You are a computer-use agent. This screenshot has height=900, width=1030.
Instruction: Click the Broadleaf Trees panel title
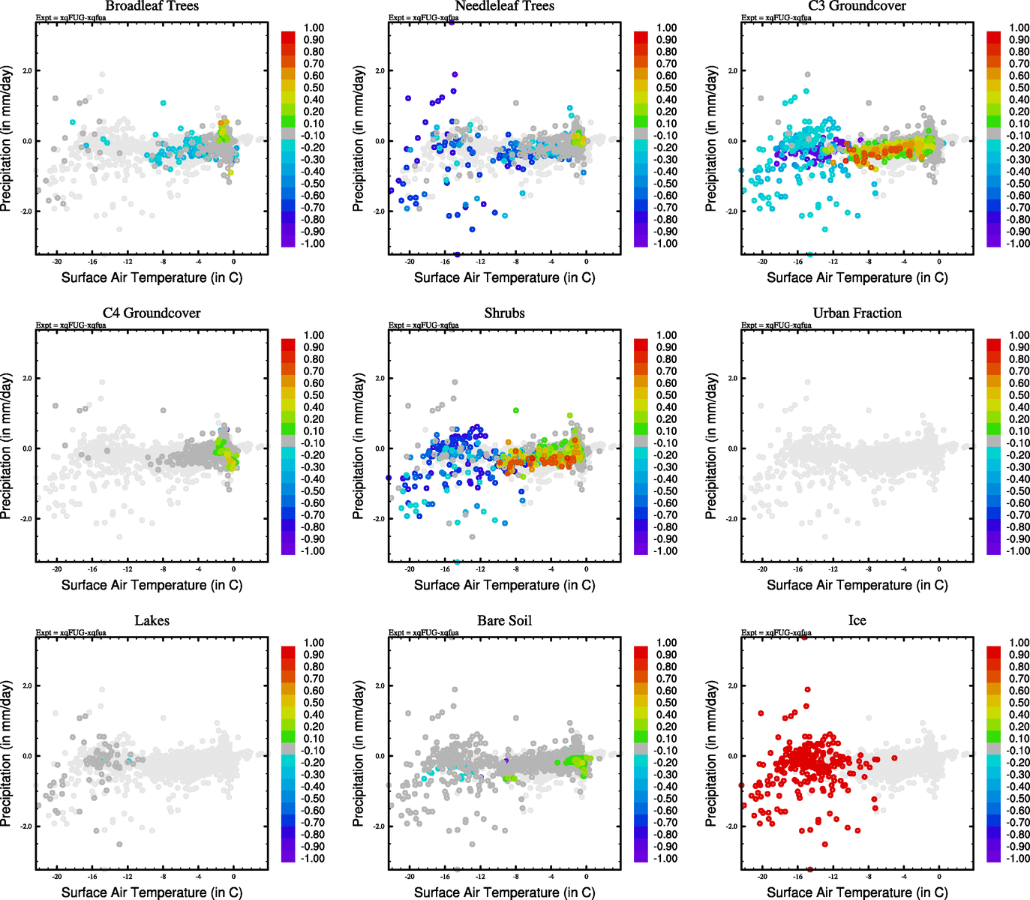tap(152, 6)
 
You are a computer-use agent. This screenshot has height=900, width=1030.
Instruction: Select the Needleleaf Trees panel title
tap(504, 6)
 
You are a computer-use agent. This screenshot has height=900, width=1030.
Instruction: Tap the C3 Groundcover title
tap(857, 6)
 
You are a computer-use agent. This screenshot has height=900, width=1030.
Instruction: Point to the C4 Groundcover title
tap(152, 313)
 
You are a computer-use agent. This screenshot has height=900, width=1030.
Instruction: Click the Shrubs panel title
tap(504, 313)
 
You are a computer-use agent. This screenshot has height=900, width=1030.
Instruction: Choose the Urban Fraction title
tap(857, 313)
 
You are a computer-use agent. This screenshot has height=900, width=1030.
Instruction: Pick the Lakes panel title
tap(152, 620)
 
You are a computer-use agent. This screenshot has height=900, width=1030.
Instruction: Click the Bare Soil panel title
tap(504, 620)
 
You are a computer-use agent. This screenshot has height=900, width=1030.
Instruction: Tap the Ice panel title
tap(857, 620)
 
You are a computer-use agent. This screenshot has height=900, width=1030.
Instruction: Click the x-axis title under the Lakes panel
tap(152, 892)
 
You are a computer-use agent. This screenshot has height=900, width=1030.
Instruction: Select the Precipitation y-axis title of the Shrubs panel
tap(359, 448)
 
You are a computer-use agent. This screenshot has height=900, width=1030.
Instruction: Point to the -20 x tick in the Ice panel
tap(762, 876)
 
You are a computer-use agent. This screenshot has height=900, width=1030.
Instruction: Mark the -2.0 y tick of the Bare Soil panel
tap(380, 826)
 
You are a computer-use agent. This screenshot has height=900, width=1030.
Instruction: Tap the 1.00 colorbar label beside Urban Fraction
tap(1019, 335)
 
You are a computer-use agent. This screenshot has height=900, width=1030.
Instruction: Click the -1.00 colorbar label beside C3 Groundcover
tap(1017, 243)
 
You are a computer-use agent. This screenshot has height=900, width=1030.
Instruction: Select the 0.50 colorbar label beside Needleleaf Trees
tap(666, 88)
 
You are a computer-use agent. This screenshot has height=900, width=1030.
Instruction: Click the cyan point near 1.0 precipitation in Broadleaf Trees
tap(163, 103)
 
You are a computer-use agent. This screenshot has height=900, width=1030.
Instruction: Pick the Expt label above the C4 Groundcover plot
tap(71, 325)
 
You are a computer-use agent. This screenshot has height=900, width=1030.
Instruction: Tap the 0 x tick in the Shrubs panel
tap(586, 568)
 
